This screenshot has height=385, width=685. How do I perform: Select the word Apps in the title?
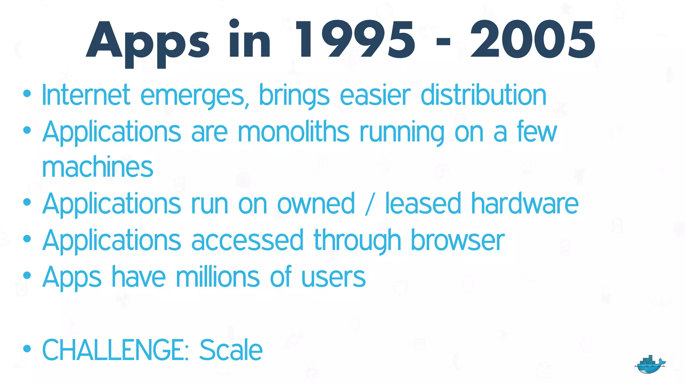tap(148, 42)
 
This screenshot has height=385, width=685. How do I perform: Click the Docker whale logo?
tap(650, 365)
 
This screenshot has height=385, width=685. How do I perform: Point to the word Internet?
tap(86, 95)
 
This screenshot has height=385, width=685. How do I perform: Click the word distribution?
tap(483, 95)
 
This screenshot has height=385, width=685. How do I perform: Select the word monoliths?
tap(294, 132)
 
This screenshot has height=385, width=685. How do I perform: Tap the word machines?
tap(98, 167)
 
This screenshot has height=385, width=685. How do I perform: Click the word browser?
tap(457, 240)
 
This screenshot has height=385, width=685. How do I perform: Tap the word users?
tap(333, 277)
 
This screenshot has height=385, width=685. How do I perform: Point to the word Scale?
tap(231, 350)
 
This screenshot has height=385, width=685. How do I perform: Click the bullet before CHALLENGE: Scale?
tap(27, 349)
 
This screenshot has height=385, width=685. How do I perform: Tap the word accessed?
tap(247, 240)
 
